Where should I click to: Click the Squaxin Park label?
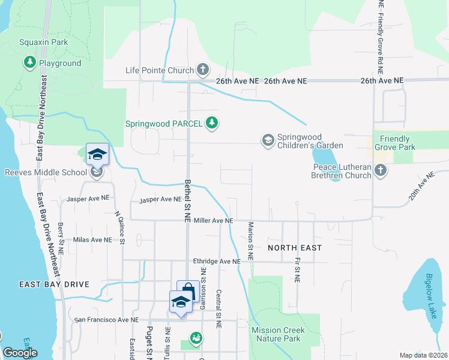click(44, 42)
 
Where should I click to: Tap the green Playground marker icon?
click(29, 62)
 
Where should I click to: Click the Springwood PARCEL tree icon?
click(211, 124)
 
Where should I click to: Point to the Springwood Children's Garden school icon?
click(268, 140)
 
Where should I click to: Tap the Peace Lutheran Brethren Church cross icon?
click(379, 171)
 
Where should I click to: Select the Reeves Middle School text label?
click(46, 173)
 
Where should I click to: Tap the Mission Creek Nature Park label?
click(278, 334)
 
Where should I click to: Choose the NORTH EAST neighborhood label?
click(295, 247)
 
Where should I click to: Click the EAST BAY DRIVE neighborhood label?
click(54, 284)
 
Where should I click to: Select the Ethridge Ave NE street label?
click(217, 261)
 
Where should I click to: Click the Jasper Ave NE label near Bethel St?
click(159, 199)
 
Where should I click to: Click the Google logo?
click(20, 353)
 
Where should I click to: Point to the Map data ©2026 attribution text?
click(423, 355)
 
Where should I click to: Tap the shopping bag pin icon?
click(188, 291)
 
